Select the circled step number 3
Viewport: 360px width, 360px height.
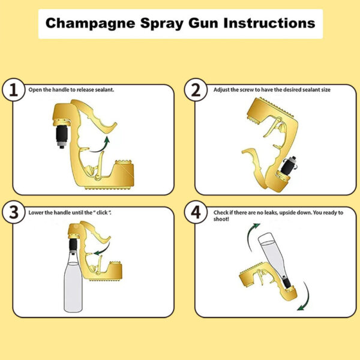tap(14, 214)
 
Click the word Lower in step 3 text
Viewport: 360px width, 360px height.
tap(36, 213)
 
